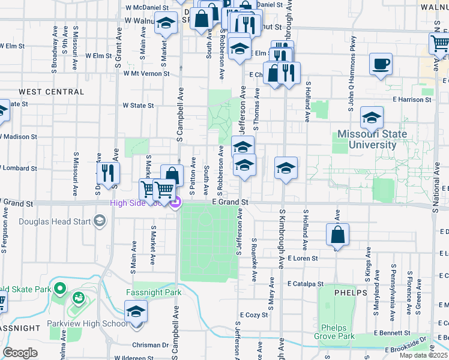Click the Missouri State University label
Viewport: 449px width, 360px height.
point(372,139)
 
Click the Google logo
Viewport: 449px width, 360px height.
point(20,352)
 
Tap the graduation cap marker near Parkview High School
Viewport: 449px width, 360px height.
point(136,313)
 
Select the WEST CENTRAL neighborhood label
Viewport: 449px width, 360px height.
point(52,92)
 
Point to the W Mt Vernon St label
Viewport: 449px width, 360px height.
point(146,73)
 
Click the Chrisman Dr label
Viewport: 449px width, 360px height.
point(151,345)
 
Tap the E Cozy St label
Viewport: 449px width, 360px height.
point(253,314)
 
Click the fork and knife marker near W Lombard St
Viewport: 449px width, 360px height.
point(108,172)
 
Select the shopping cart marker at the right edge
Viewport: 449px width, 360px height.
point(439,44)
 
